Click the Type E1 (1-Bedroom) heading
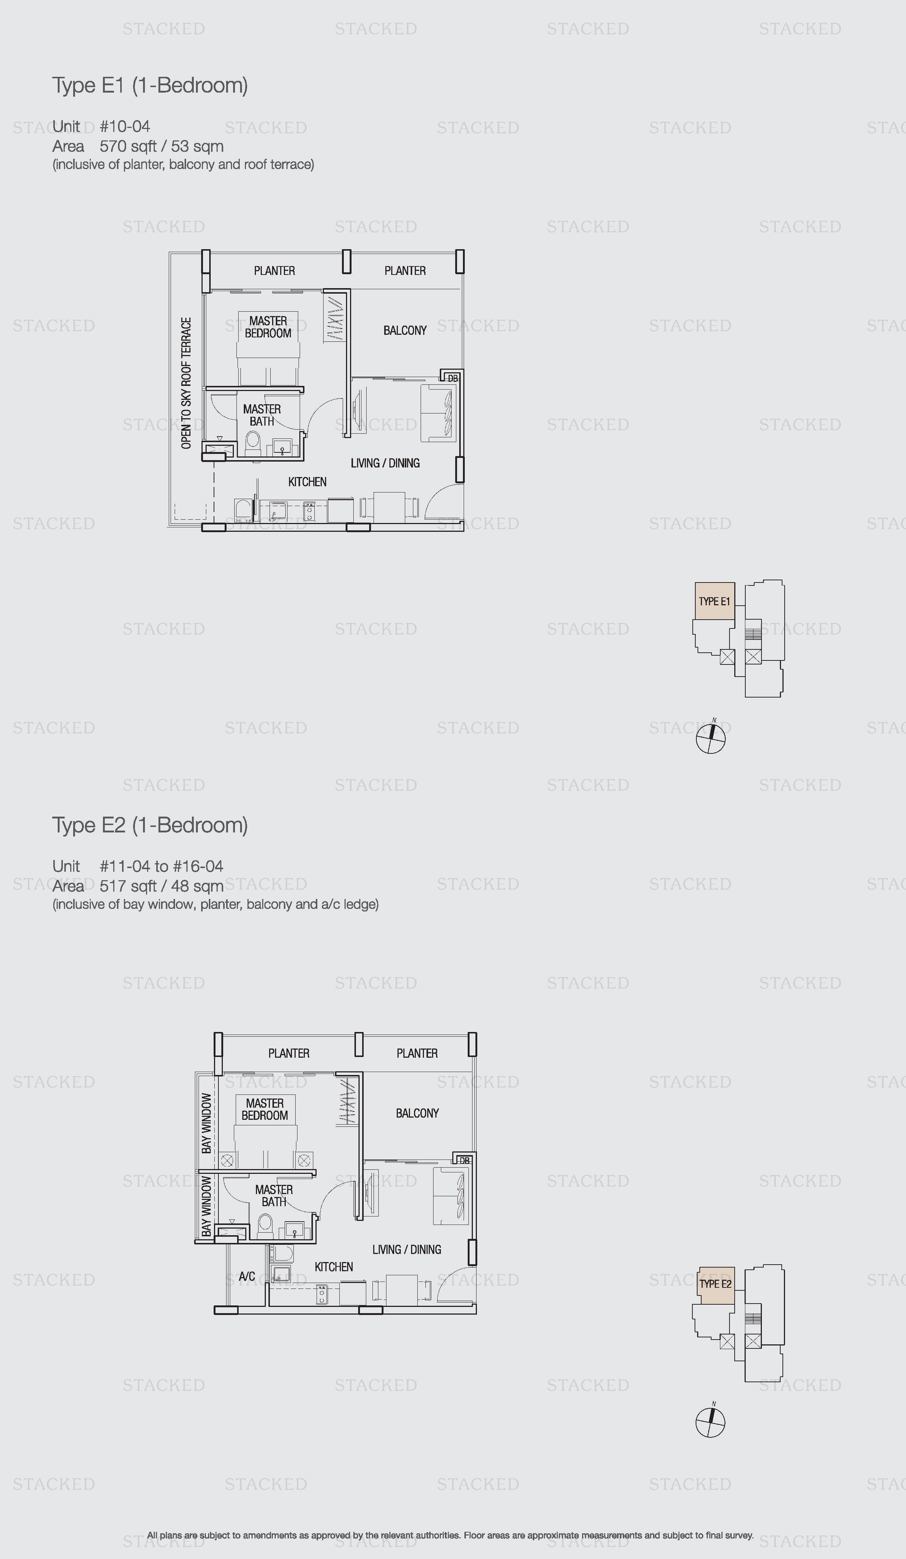click(x=150, y=85)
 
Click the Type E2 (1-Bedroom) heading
click(x=150, y=825)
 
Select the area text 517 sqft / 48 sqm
click(x=161, y=886)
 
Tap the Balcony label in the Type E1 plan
click(x=405, y=330)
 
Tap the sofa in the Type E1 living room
click(x=439, y=413)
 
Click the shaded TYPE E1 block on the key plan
click(x=715, y=601)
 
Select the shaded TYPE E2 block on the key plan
click(x=716, y=1284)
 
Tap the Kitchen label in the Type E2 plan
click(x=333, y=1267)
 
